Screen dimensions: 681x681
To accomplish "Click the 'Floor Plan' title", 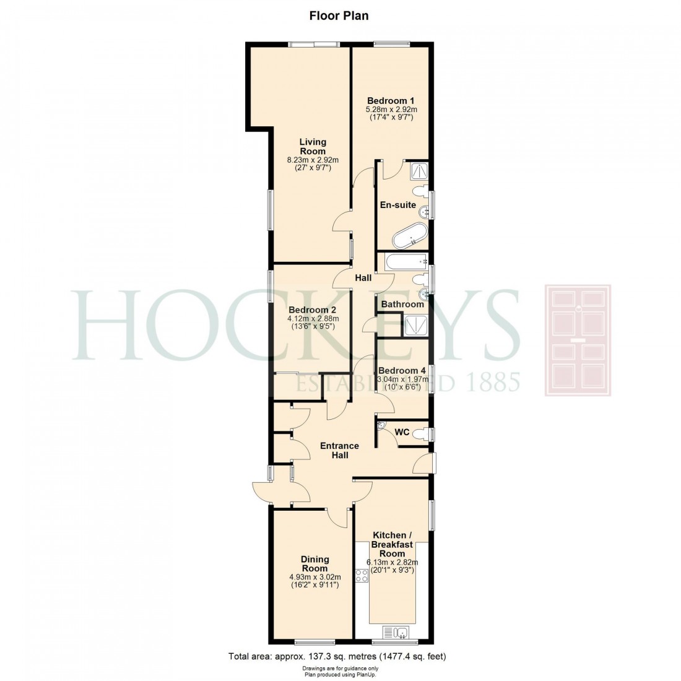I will click(x=339, y=15).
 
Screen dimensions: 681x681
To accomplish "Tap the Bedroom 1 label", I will click(x=390, y=100).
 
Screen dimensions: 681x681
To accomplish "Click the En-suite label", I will click(x=397, y=205).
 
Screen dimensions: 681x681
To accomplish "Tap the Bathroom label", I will click(x=402, y=304).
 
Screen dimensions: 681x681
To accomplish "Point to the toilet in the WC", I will click(x=422, y=434).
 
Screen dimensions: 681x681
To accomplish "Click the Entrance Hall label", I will click(x=339, y=450).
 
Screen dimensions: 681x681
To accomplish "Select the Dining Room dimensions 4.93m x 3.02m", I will click(x=314, y=576).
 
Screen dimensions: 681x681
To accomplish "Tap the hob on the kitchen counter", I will click(x=362, y=577).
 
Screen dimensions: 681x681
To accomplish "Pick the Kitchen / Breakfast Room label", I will click(x=392, y=544).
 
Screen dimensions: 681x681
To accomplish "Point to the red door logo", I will click(x=577, y=340).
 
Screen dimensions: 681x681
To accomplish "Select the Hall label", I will click(x=363, y=279).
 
